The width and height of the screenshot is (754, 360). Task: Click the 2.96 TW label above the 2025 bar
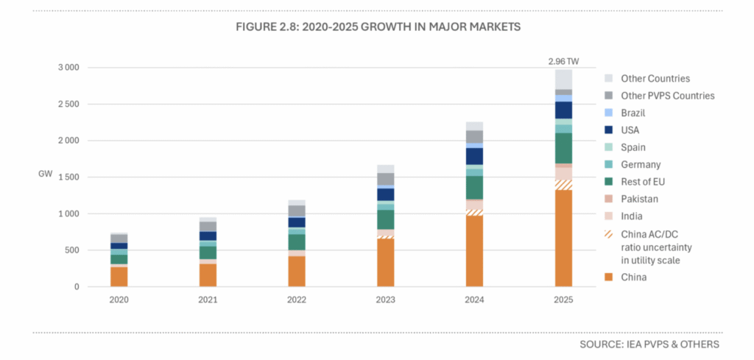(x=563, y=62)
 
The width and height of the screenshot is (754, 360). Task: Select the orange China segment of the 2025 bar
(x=563, y=239)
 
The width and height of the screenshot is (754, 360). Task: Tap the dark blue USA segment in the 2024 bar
(x=475, y=156)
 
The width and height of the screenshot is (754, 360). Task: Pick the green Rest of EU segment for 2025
(x=563, y=149)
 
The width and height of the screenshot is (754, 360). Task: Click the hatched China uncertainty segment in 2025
(x=563, y=185)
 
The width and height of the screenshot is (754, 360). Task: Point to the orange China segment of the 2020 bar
(x=119, y=277)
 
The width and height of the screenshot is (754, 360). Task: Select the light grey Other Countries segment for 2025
(x=563, y=80)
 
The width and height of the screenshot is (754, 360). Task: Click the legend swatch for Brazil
(x=608, y=113)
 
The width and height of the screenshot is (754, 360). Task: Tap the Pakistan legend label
(x=640, y=199)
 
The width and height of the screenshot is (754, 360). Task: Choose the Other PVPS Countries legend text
(x=667, y=96)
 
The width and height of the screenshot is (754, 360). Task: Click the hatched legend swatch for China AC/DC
(x=608, y=234)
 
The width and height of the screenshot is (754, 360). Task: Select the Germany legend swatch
(x=608, y=165)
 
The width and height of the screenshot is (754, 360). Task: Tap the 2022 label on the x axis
(x=297, y=300)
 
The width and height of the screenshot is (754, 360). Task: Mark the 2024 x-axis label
(x=475, y=300)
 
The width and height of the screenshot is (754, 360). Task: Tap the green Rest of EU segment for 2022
(x=297, y=242)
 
